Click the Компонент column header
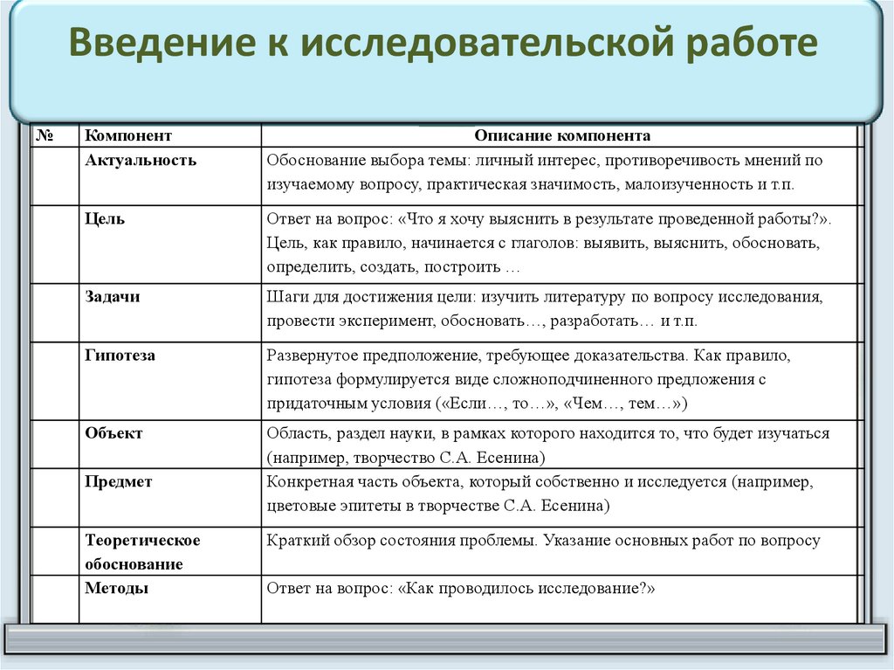pyautogui.click(x=128, y=136)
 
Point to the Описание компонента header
pyautogui.click(x=562, y=136)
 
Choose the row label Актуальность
pyautogui.click(x=141, y=161)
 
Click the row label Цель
pyautogui.click(x=105, y=219)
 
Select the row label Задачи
pyautogui.click(x=113, y=297)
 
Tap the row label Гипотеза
pyautogui.click(x=120, y=356)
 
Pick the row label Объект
pyautogui.click(x=113, y=433)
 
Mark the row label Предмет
pyautogui.click(x=119, y=481)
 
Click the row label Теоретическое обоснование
pyautogui.click(x=142, y=552)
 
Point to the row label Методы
pyautogui.click(x=116, y=589)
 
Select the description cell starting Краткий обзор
pyautogui.click(x=543, y=541)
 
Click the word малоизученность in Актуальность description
pyautogui.click(x=696, y=185)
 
